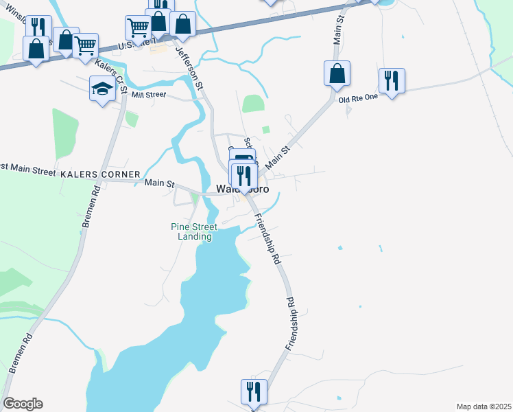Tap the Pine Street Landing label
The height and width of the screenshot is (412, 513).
pos(195,231)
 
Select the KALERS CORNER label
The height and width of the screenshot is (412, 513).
pos(100,174)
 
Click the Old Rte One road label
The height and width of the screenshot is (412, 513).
pos(358,98)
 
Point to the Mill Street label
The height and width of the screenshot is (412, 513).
pos(148,95)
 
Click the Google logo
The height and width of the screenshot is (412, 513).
pos(23,404)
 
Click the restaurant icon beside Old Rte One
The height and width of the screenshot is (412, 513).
pos(392,80)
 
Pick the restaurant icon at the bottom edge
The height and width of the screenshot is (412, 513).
pos(254,391)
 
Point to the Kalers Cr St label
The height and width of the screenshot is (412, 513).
pos(112,76)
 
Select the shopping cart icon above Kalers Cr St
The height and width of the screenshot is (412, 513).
pos(85,46)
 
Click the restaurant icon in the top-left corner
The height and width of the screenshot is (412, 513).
pos(38,27)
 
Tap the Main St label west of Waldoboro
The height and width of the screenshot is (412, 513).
pos(160,183)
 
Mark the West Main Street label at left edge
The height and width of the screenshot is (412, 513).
pos(27,168)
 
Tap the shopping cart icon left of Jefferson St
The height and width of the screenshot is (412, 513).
pos(138,28)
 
